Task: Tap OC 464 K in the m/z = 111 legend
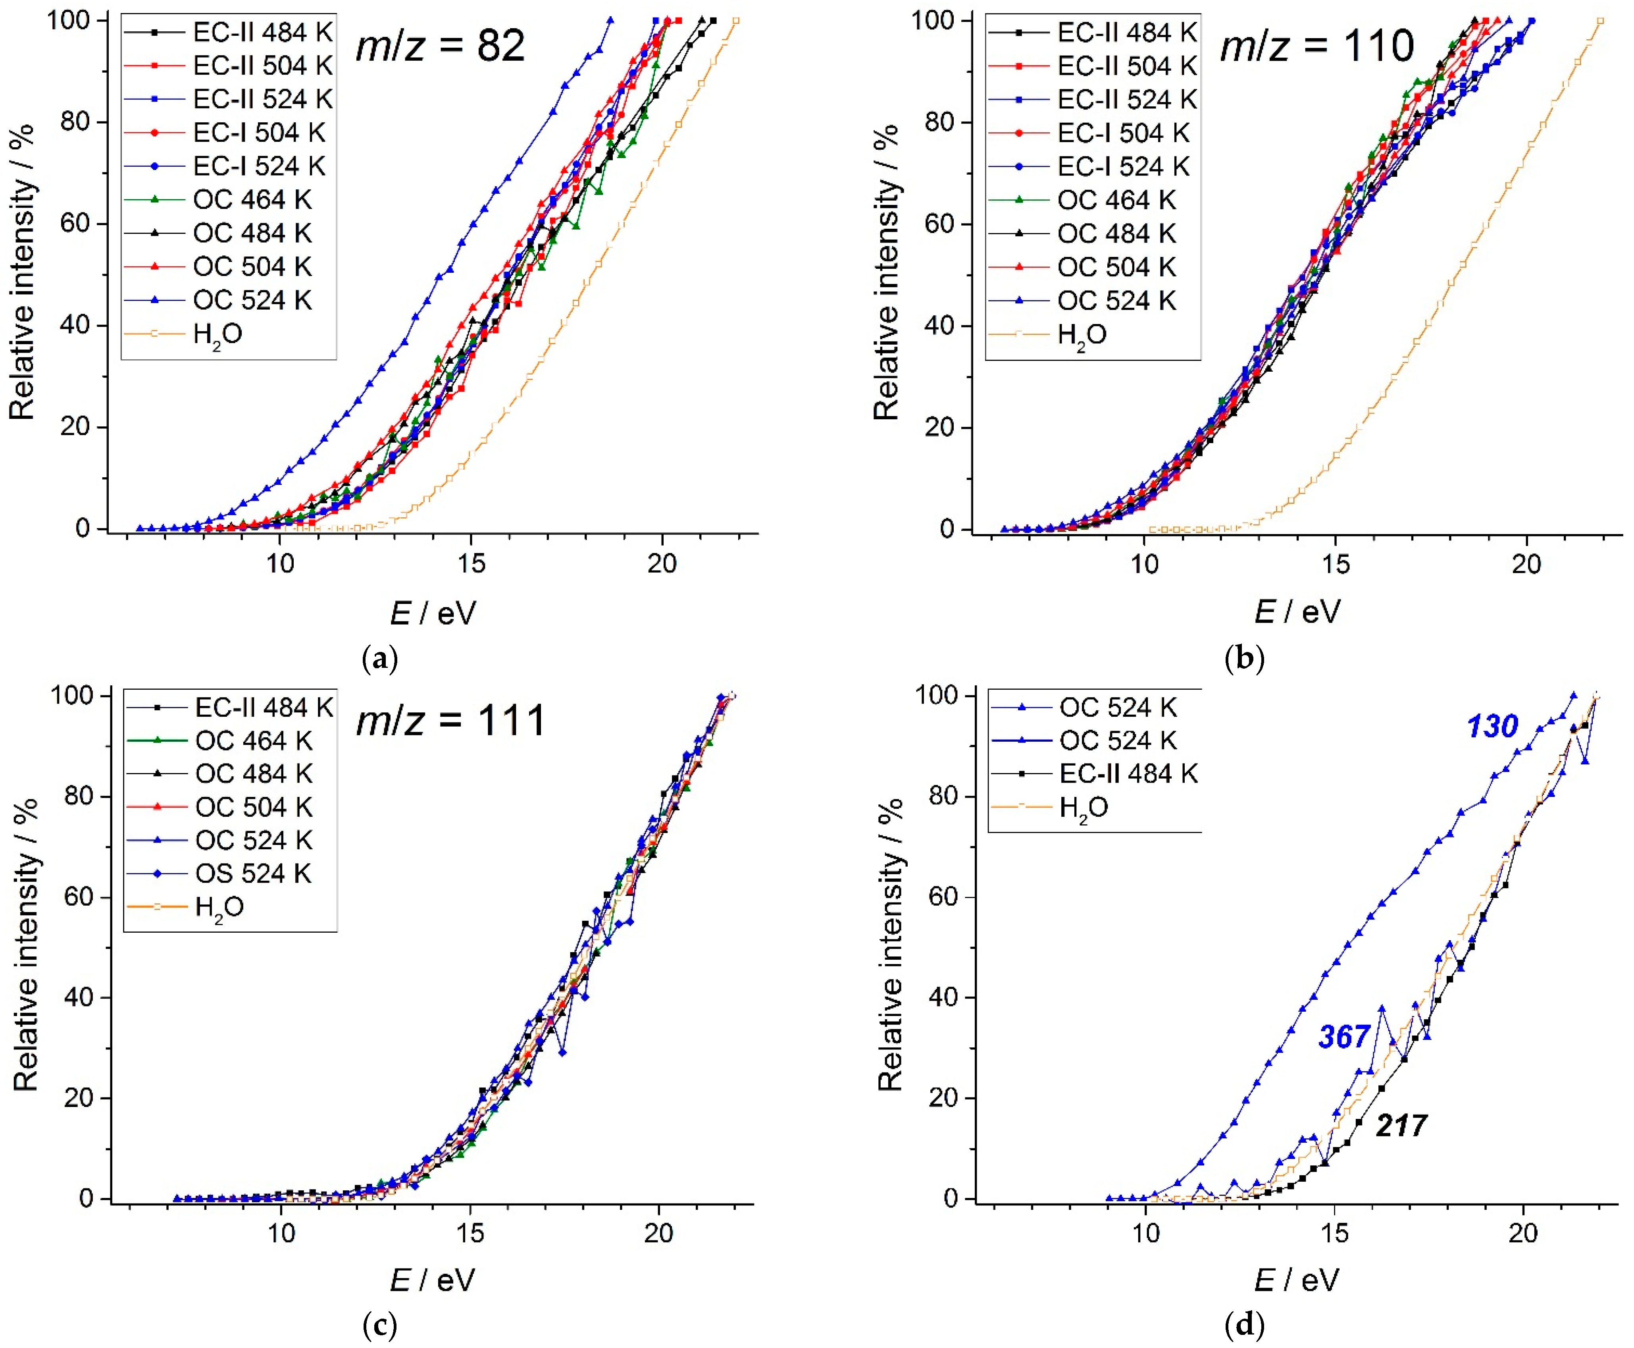253,741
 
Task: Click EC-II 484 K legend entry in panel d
1128,773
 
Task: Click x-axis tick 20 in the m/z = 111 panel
658,1233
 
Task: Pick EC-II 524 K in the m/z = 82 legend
262,99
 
